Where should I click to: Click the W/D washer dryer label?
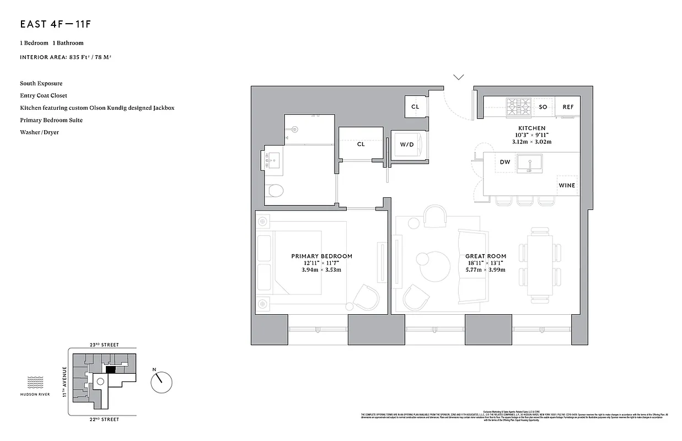407,144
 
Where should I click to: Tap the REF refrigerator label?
567,107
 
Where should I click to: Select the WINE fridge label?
567,185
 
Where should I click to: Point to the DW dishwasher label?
505,162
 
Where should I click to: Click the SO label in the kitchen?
543,107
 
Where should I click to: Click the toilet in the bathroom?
274,191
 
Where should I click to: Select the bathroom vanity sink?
272,160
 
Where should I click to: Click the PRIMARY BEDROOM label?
321,256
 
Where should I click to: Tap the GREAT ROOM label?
485,256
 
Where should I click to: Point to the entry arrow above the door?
459,77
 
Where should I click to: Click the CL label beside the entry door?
415,107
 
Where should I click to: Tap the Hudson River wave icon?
35,382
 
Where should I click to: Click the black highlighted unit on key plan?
110,370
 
